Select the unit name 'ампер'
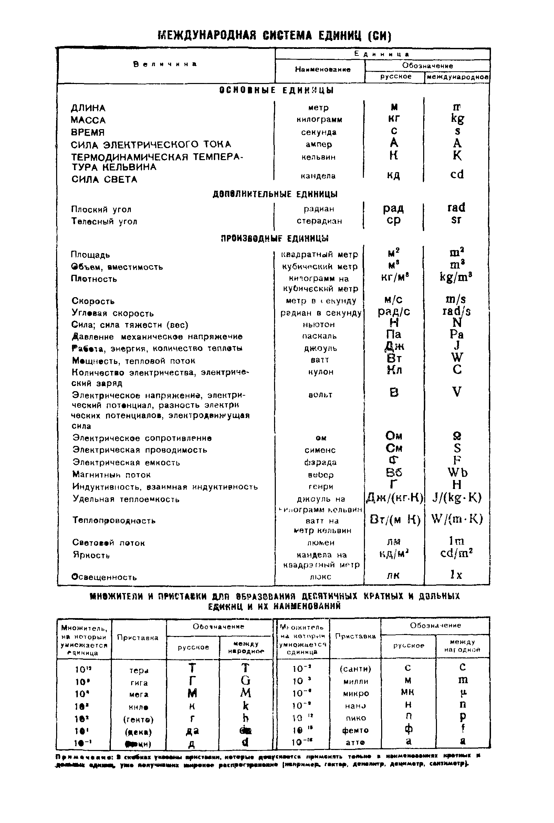pyautogui.click(x=319, y=144)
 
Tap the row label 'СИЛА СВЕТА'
pyautogui.click(x=104, y=179)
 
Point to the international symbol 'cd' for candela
pyautogui.click(x=457, y=174)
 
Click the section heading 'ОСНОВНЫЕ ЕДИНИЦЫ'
pyautogui.click(x=276, y=90)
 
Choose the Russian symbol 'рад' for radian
pyautogui.click(x=393, y=208)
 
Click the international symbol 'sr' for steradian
pyautogui.click(x=456, y=220)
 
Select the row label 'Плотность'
pyautogui.click(x=94, y=279)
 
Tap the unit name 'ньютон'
pyautogui.click(x=319, y=324)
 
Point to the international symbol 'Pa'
pyautogui.click(x=457, y=334)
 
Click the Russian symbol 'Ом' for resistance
pyautogui.click(x=394, y=436)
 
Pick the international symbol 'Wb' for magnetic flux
pyautogui.click(x=457, y=473)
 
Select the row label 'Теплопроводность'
pyautogui.click(x=114, y=520)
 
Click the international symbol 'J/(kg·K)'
pyautogui.click(x=457, y=498)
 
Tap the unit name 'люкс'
pyautogui.click(x=321, y=576)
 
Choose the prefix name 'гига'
pyautogui.click(x=139, y=683)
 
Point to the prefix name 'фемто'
pyautogui.click(x=355, y=730)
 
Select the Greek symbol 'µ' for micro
pyautogui.click(x=462, y=693)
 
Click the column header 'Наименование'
pyautogui.click(x=323, y=70)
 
